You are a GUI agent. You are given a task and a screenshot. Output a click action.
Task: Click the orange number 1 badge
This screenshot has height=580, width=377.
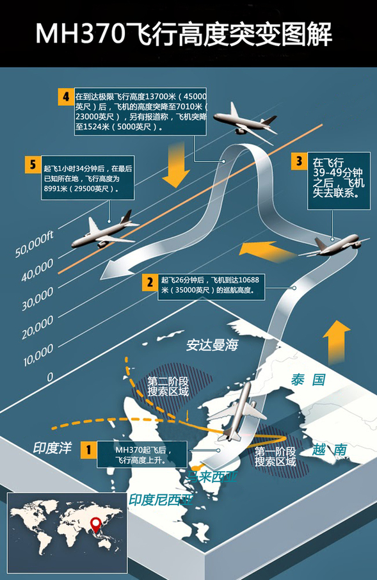pos(88,450)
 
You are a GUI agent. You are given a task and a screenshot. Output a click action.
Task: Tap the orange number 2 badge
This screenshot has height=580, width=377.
pos(150,282)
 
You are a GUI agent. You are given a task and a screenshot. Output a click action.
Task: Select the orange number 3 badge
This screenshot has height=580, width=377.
pos(300,161)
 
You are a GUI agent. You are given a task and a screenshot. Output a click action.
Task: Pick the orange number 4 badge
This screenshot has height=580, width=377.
pos(66,97)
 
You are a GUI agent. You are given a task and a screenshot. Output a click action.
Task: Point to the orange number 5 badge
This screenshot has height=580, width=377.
pos(33,165)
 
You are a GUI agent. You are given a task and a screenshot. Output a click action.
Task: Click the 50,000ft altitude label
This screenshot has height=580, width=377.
pos(35,244)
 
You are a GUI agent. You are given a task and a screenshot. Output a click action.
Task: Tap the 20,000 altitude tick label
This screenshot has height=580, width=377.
pos(37,328)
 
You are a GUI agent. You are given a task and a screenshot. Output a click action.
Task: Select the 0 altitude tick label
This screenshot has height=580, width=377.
pos(50,377)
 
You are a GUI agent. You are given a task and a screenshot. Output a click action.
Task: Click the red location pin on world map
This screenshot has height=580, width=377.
pos(96,524)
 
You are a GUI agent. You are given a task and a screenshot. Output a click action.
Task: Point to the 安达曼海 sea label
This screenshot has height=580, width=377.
pos(212,345)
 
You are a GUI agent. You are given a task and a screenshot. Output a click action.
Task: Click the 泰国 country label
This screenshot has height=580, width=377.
pos(308,380)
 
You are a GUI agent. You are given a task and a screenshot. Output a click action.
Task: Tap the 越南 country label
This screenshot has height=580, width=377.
pos(329,450)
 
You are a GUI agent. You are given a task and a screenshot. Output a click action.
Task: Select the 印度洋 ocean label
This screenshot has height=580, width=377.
pos(52,448)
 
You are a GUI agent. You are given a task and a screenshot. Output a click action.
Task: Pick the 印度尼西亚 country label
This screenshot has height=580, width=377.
pos(161,500)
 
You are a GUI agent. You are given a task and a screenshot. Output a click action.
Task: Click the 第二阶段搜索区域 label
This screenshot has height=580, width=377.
pos(168,387)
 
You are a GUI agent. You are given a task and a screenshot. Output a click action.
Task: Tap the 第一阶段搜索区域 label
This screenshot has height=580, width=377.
pos(275,456)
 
